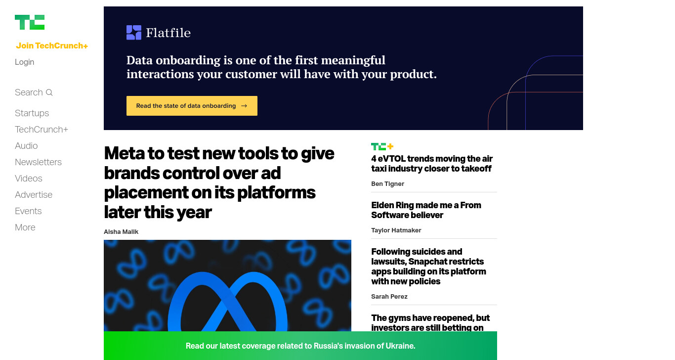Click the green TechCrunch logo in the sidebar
(x=30, y=22)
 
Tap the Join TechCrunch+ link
(x=52, y=45)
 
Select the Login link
(x=24, y=62)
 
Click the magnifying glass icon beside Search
(x=49, y=92)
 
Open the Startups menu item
(x=32, y=113)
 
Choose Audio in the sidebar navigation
(x=26, y=145)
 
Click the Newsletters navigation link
(x=38, y=162)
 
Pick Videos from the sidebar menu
(x=28, y=178)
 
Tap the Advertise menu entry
(x=34, y=194)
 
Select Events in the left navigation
(x=28, y=211)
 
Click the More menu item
(x=25, y=227)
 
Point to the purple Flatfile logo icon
(x=134, y=33)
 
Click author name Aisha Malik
(x=121, y=231)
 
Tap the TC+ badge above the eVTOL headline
(x=382, y=146)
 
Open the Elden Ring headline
(x=426, y=210)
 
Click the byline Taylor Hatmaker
(x=396, y=230)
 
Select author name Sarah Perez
(x=389, y=296)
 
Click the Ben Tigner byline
(x=387, y=183)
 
